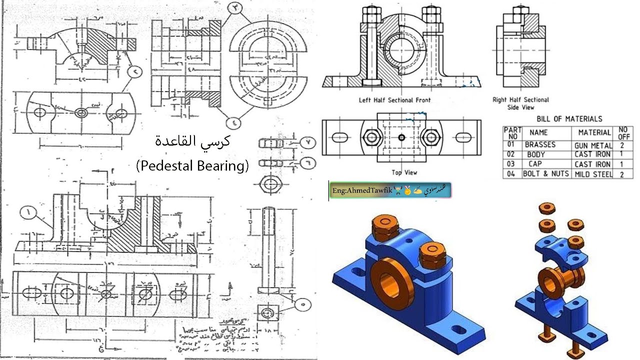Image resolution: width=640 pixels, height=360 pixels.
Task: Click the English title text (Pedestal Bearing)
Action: pos(192,165)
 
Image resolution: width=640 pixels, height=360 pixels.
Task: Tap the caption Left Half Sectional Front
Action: pos(394,100)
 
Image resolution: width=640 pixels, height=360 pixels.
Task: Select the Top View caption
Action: pos(404,172)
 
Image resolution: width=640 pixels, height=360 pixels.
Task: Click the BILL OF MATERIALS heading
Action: pos(569,119)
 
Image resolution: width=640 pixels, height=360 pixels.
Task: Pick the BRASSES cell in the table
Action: pos(540,144)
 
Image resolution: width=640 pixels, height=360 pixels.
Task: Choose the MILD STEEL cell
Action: pos(593,174)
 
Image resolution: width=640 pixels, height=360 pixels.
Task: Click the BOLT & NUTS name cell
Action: pos(545,174)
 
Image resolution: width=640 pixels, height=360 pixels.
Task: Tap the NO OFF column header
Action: pos(623,132)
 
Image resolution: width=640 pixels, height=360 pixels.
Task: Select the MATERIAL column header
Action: pos(594,132)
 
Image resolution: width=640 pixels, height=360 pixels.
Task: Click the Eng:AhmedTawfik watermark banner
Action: pos(390,190)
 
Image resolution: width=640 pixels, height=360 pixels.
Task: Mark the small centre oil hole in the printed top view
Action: pos(401,136)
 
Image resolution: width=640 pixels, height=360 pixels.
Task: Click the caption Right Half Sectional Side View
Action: pos(520,103)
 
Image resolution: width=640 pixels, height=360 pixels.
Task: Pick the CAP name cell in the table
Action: pos(535,164)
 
